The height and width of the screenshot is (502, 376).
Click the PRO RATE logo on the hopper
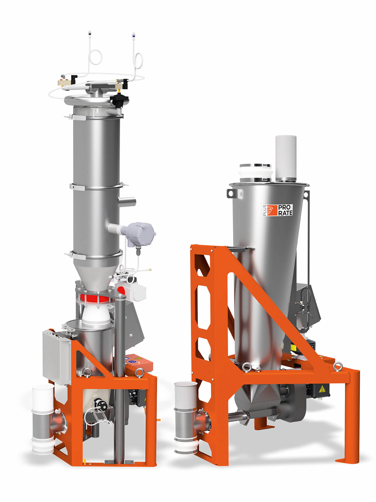(x=277, y=210)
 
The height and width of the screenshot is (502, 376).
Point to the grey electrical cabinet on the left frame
(x=57, y=358)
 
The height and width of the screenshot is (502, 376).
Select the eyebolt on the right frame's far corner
(x=337, y=367)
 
